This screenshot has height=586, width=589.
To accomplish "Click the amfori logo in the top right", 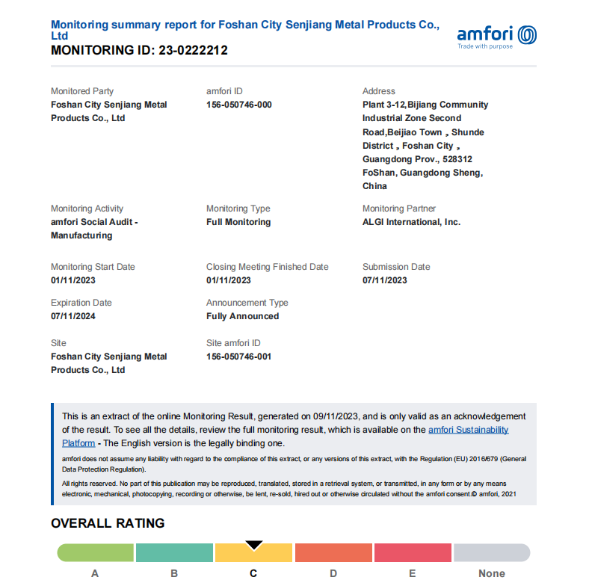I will tap(496, 34).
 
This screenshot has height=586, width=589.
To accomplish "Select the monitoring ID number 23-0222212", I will tap(193, 51).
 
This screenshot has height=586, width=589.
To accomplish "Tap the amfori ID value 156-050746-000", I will tap(239, 105).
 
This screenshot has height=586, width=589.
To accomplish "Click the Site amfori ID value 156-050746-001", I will tap(239, 357).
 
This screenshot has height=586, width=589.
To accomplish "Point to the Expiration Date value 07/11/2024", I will tap(73, 316).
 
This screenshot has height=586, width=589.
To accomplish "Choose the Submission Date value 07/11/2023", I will tap(385, 280).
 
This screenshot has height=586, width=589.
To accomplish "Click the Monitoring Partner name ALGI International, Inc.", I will tap(411, 222).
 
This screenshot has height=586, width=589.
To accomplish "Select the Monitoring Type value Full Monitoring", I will tap(238, 222).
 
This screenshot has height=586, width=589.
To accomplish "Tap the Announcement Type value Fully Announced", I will tap(242, 316).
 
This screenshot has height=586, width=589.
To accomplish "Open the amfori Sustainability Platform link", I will tap(468, 430).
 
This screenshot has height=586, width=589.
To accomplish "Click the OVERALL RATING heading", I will tap(108, 523).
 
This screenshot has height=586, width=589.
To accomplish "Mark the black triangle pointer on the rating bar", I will tap(254, 545).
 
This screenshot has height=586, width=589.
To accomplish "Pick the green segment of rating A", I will tap(96, 552).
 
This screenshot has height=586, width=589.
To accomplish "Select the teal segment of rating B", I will tap(174, 552).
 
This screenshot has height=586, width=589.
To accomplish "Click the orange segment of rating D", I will tap(333, 552).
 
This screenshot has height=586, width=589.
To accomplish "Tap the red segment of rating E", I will tap(413, 552).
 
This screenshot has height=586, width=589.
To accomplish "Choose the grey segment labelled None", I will tap(492, 552).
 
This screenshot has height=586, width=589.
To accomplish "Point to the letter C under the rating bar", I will tap(253, 573).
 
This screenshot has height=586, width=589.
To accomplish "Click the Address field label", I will tap(379, 91).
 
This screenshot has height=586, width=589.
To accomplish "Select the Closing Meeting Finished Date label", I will tap(267, 267).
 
